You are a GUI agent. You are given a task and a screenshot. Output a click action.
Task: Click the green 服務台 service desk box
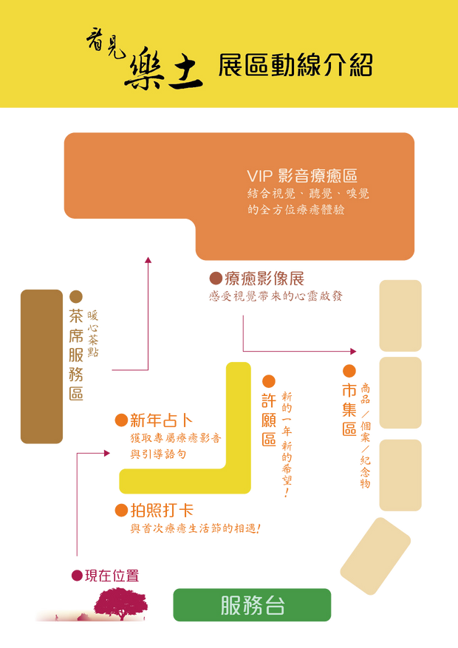(252, 605)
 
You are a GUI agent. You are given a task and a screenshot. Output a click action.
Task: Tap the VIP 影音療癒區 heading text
(302, 176)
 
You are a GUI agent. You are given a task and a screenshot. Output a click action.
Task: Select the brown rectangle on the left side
(41, 366)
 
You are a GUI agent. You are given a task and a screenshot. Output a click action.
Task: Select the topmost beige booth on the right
(400, 315)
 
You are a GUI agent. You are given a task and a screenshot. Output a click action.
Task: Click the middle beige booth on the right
(400, 393)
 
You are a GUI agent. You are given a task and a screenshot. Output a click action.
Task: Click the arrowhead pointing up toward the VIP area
(148, 259)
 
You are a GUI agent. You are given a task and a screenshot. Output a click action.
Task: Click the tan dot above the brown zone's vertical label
(75, 296)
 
